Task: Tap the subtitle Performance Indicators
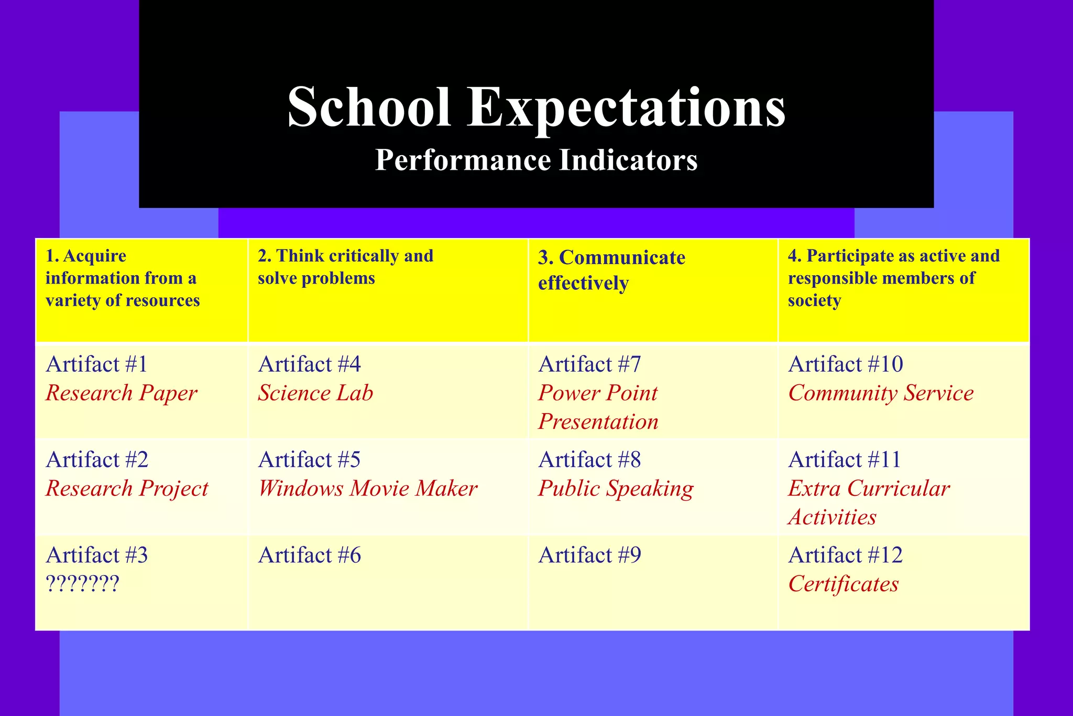click(x=536, y=160)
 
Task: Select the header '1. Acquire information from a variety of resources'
click(x=123, y=278)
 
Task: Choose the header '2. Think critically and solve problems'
click(x=345, y=267)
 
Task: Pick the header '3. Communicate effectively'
click(x=611, y=270)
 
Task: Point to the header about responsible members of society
click(x=893, y=278)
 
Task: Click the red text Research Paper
click(x=121, y=393)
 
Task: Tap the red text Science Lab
click(x=315, y=393)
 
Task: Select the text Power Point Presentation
click(x=598, y=407)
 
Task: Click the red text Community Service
click(x=881, y=393)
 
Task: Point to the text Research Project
click(x=127, y=489)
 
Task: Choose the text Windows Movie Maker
click(x=367, y=489)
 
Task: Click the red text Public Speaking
click(x=616, y=489)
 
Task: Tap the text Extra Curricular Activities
click(x=868, y=503)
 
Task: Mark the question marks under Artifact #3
click(x=83, y=583)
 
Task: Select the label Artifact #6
click(x=309, y=555)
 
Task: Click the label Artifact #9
click(x=589, y=555)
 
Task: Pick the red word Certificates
click(x=843, y=584)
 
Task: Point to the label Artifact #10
click(x=845, y=364)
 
